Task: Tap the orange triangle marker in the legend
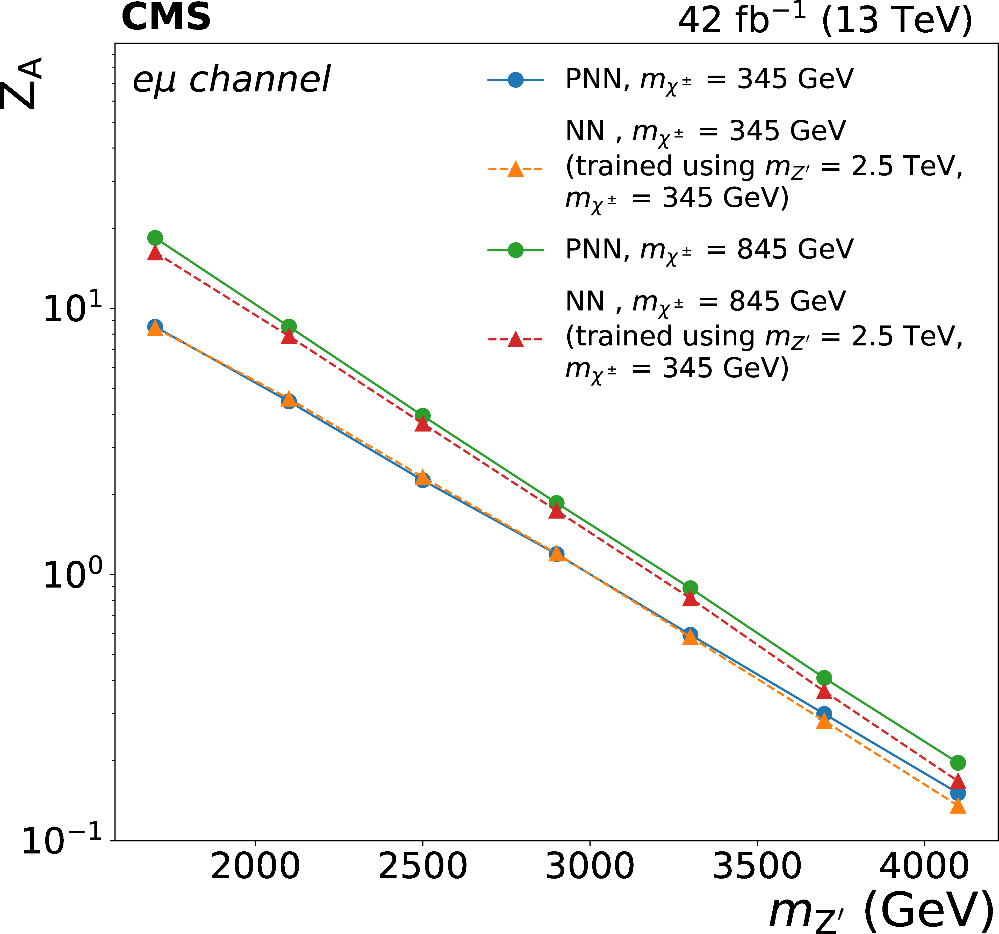click(516, 169)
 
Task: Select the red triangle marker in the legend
click(516, 340)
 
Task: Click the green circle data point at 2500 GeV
click(423, 416)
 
